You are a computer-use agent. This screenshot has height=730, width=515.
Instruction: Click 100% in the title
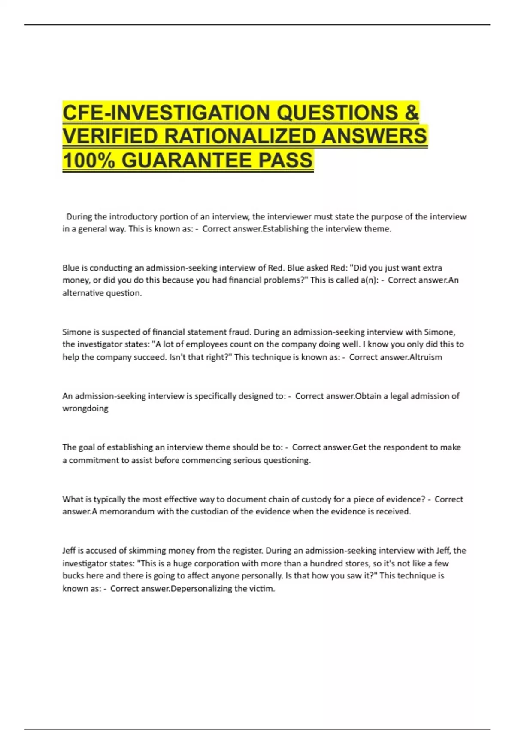point(88,161)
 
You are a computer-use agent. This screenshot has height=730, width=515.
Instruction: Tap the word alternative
point(81,293)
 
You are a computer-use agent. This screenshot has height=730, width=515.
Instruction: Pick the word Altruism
point(426,357)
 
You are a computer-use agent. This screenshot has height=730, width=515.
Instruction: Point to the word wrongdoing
point(85,408)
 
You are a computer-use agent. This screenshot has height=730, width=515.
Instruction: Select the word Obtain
point(369,396)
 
